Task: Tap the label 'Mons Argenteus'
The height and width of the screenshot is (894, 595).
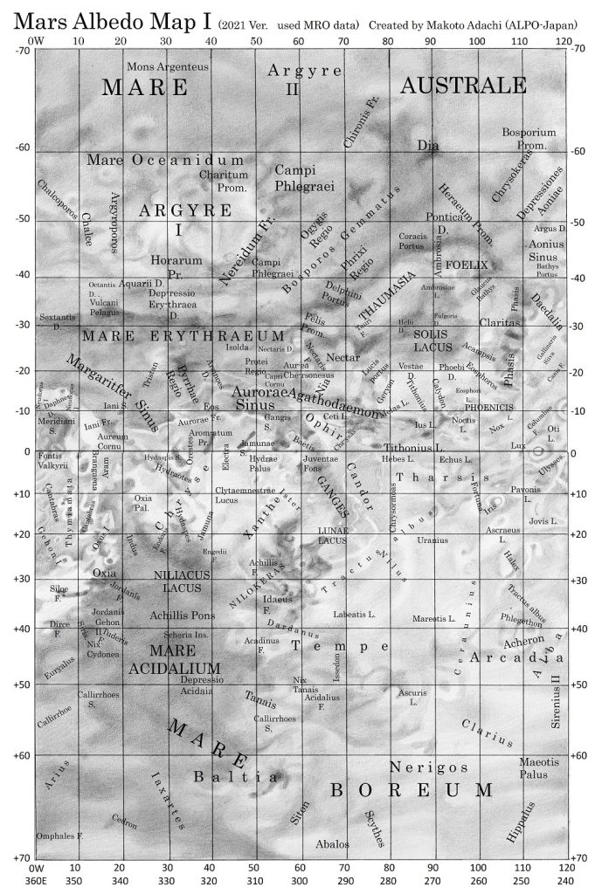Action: coord(168,66)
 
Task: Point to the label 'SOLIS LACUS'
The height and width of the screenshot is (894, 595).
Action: coord(432,340)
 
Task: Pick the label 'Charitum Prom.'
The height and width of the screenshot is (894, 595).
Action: coord(223,181)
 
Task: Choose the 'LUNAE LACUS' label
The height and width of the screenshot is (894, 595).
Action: coord(333,535)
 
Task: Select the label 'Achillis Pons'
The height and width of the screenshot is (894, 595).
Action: coord(183,615)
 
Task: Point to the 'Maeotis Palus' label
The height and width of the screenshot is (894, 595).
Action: coord(539,767)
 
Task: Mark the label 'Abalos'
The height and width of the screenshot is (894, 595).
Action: coord(332,843)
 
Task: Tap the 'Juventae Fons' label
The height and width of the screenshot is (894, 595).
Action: coord(319,464)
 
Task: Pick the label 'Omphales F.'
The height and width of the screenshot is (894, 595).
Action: coord(59,836)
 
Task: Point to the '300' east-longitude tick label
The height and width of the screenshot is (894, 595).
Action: coord(299,882)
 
